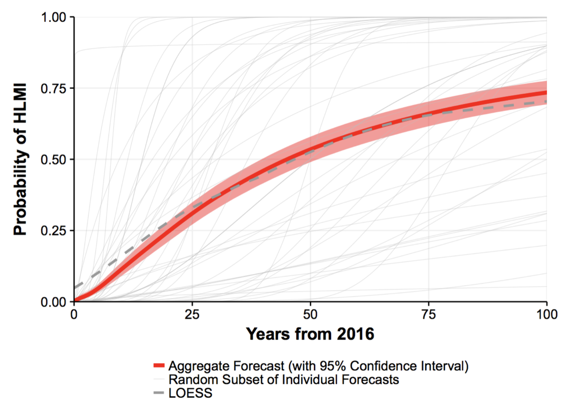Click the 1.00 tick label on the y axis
click(x=54, y=17)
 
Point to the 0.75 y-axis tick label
click(x=54, y=88)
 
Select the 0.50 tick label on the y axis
click(x=54, y=160)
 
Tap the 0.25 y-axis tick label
click(x=54, y=231)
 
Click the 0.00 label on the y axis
click(x=54, y=302)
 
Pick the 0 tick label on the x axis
click(x=74, y=314)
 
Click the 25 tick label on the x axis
click(x=192, y=314)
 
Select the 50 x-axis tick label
click(x=310, y=314)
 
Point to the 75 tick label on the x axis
click(x=428, y=314)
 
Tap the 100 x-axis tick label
click(x=547, y=314)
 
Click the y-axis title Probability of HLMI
click(x=20, y=159)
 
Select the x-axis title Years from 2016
click(x=310, y=334)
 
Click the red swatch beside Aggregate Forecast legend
click(x=158, y=366)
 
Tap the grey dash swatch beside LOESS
click(x=158, y=393)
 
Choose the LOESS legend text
click(x=190, y=393)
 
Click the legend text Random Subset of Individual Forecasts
click(x=284, y=380)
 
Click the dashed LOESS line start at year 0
click(x=75, y=287)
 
